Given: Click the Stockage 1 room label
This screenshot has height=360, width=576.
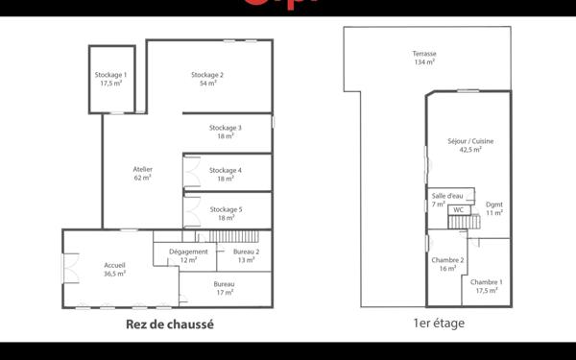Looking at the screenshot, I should [x=110, y=79].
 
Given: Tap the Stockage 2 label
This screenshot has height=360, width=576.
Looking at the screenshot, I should [x=207, y=79].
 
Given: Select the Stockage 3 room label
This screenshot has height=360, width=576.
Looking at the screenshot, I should [x=226, y=132].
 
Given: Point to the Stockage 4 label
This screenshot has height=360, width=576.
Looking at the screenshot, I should [x=226, y=174].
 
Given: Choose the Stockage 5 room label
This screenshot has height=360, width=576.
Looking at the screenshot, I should [x=226, y=213].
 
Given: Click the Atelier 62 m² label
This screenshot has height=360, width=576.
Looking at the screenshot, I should [x=142, y=174].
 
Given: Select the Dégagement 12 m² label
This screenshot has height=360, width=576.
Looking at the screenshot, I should [x=188, y=256].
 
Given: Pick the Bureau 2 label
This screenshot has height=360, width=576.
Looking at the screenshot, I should [x=246, y=256].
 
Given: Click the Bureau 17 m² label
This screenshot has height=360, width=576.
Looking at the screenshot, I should [x=225, y=289].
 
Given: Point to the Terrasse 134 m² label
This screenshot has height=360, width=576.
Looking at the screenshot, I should [x=424, y=58].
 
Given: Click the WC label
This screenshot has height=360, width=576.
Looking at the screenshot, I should [x=458, y=209].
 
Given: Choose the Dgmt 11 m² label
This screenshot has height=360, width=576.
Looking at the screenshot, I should [x=494, y=208].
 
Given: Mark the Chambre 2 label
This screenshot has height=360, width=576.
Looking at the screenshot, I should [x=448, y=265].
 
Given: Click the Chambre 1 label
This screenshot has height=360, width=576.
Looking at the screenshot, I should [x=486, y=285].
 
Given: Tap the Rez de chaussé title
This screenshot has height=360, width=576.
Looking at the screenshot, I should [x=169, y=324].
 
